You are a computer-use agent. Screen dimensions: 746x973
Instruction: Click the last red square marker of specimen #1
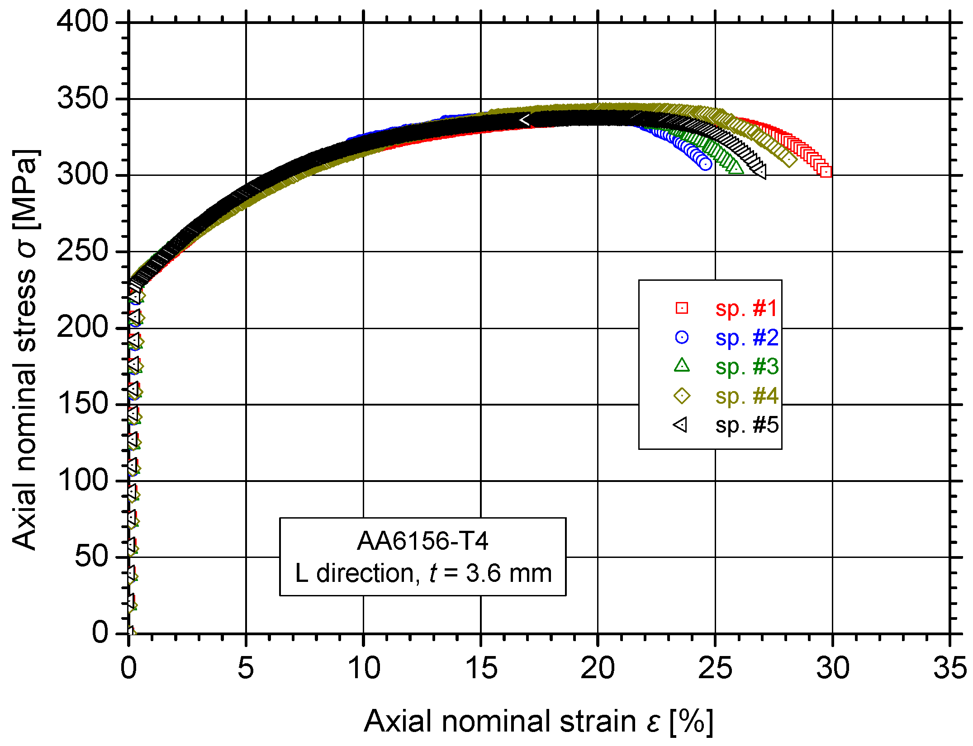pyautogui.click(x=826, y=172)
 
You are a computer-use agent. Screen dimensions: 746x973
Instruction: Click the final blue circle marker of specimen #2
pyautogui.click(x=706, y=164)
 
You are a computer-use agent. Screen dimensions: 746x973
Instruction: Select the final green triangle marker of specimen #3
pyautogui.click(x=736, y=168)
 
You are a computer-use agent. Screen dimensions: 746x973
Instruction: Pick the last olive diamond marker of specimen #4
pyautogui.click(x=789, y=160)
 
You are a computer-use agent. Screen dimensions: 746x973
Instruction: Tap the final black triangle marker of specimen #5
pyautogui.click(x=761, y=171)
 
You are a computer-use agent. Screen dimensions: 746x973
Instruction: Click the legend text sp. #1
pyautogui.click(x=746, y=308)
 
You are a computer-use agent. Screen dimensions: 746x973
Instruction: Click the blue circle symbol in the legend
pyautogui.click(x=682, y=337)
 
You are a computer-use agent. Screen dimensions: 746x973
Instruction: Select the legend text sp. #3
pyautogui.click(x=747, y=367)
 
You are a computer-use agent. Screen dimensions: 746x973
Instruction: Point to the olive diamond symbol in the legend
pyautogui.click(x=682, y=396)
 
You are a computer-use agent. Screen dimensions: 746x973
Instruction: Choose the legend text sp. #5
pyautogui.click(x=747, y=425)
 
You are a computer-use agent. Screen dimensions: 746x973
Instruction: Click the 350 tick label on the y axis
pyautogui.click(x=83, y=98)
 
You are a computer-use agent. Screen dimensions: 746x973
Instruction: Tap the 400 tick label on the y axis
pyautogui.click(x=83, y=21)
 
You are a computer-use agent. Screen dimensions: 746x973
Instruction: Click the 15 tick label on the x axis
pyautogui.click(x=480, y=668)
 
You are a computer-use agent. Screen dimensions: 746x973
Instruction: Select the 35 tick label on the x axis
pyautogui.click(x=949, y=668)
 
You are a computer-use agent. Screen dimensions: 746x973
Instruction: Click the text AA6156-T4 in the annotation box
pyautogui.click(x=422, y=541)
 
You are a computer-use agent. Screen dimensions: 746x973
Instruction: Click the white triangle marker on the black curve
pyautogui.click(x=525, y=120)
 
